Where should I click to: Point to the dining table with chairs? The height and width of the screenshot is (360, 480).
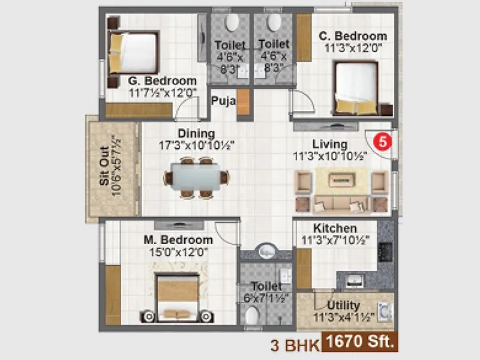point(197,177)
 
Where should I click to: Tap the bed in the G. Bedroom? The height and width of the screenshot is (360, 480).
point(133,53)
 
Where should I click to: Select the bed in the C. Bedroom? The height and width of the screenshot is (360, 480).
point(356,87)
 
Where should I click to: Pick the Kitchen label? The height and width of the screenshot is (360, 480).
point(335,229)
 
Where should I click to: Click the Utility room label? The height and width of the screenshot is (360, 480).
point(344,305)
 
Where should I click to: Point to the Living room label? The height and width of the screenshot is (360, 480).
point(329,144)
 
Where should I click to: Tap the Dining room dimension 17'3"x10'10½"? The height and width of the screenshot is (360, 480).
point(196,145)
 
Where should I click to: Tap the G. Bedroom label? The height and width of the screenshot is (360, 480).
point(162,81)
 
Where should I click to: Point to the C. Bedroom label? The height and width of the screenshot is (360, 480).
point(353,35)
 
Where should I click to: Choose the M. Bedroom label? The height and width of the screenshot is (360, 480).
point(178,241)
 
